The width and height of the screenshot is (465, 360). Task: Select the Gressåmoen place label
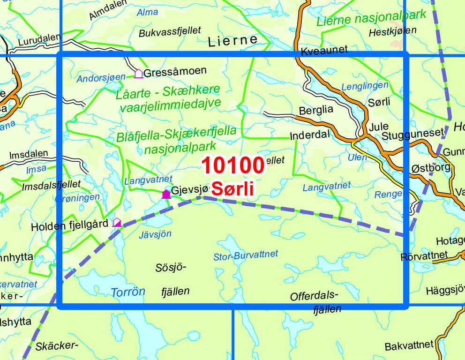click(175, 72)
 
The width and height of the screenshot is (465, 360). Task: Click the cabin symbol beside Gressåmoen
click(138, 74)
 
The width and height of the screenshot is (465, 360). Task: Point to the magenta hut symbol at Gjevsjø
click(166, 194)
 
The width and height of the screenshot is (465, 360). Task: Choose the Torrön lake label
click(128, 292)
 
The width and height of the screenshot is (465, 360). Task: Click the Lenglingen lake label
click(365, 86)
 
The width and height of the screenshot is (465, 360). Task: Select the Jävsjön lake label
click(155, 234)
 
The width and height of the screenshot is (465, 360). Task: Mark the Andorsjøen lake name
click(102, 77)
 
